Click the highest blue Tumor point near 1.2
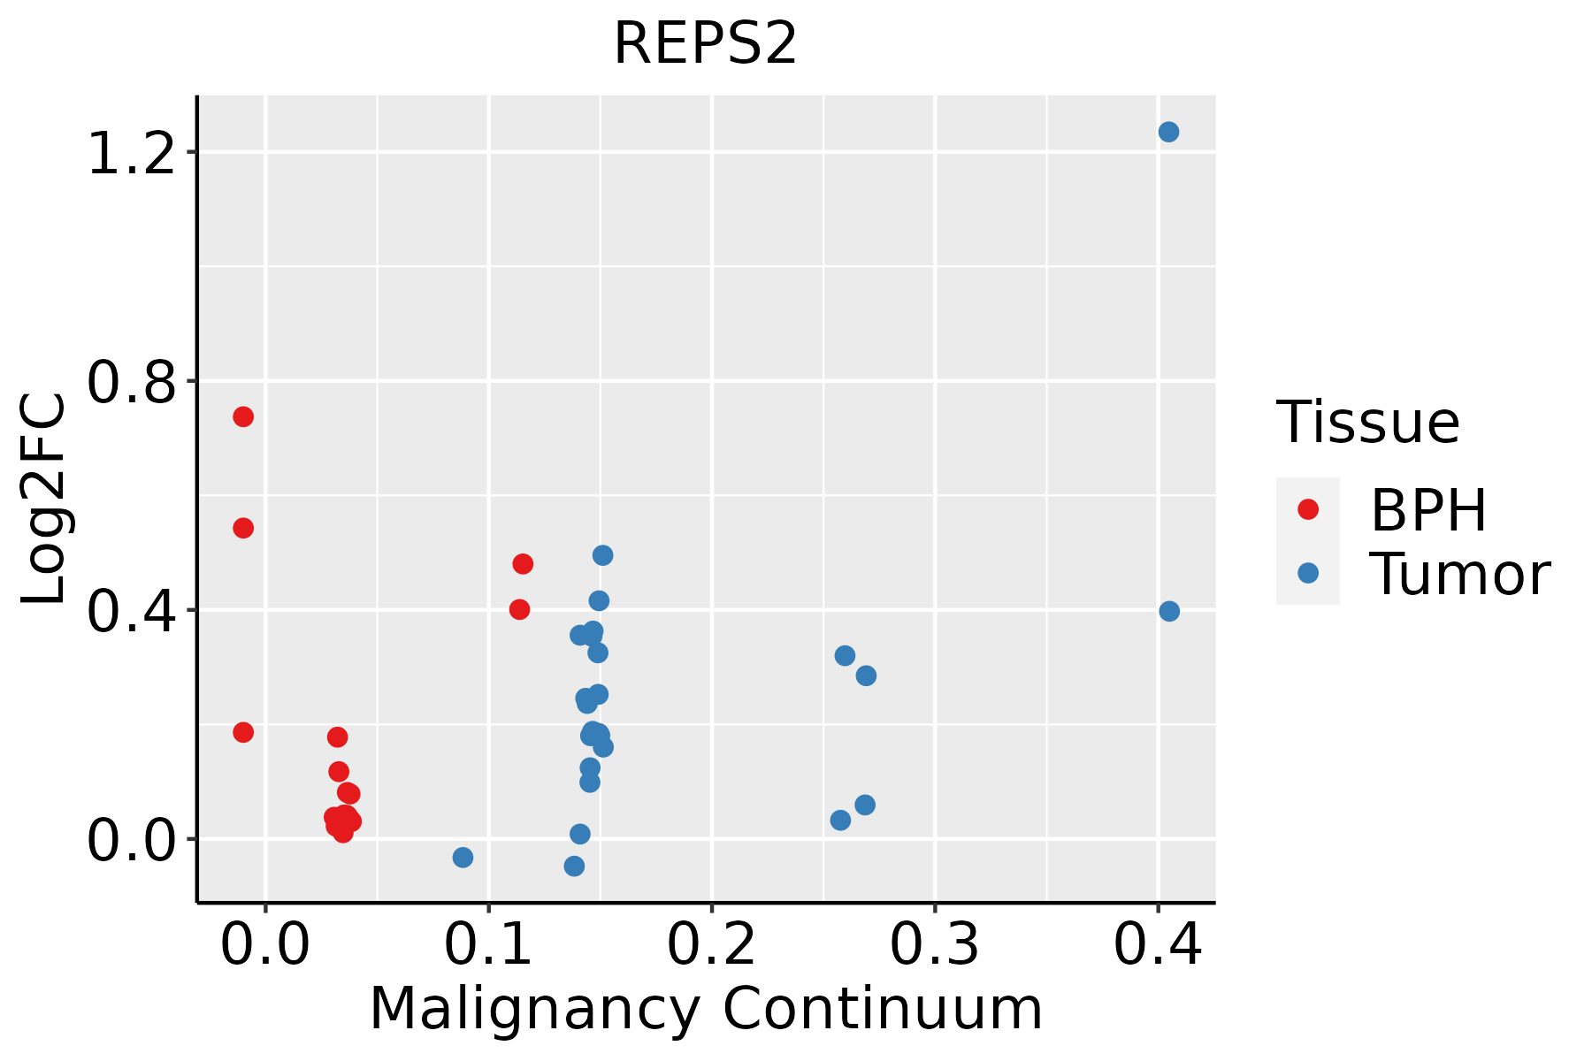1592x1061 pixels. pyautogui.click(x=1168, y=132)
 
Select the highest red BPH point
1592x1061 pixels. pyautogui.click(x=243, y=416)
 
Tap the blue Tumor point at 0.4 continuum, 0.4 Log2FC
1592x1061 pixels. pyautogui.click(x=1169, y=611)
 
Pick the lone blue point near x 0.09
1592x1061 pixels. pyautogui.click(x=463, y=857)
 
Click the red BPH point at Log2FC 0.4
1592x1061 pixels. pyautogui.click(x=519, y=609)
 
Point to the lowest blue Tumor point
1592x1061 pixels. pyautogui.click(x=574, y=866)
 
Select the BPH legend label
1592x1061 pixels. pyautogui.click(x=1427, y=510)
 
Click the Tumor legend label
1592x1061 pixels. pyautogui.click(x=1459, y=575)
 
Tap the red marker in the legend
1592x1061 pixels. pyautogui.click(x=1307, y=509)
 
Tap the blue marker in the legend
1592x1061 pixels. pyautogui.click(x=1307, y=574)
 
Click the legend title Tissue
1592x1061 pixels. pyautogui.click(x=1367, y=423)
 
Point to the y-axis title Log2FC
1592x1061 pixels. pyautogui.click(x=44, y=500)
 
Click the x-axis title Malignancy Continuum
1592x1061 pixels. pyautogui.click(x=705, y=1009)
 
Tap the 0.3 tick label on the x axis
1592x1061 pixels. pyautogui.click(x=934, y=944)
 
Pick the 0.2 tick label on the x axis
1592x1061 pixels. pyautogui.click(x=711, y=944)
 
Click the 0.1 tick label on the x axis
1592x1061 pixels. pyautogui.click(x=488, y=944)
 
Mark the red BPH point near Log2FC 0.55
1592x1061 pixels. pyautogui.click(x=243, y=528)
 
